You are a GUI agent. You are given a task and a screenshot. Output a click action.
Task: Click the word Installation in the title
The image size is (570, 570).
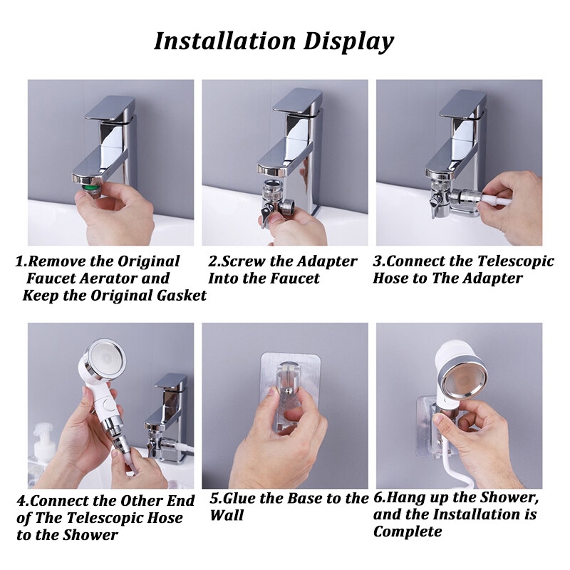[x=224, y=41]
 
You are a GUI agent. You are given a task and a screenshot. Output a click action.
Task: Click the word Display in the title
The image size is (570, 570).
[x=348, y=42]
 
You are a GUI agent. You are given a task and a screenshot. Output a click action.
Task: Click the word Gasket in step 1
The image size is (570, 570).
[x=182, y=295]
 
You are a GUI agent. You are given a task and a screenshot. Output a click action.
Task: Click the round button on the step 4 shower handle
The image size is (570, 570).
[x=108, y=404]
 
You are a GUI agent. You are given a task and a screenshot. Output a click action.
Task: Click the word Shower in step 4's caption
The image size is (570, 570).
[x=91, y=535]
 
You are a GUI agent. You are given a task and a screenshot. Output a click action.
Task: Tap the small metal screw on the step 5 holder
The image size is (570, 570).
[x=288, y=391]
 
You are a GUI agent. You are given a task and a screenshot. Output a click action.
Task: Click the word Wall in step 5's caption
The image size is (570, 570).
[x=227, y=515]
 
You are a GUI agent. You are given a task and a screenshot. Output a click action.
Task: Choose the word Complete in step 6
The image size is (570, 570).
[x=408, y=532]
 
